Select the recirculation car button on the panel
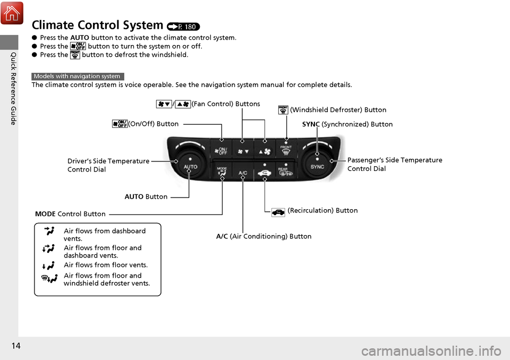(x=264, y=173)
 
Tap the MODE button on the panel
(x=222, y=173)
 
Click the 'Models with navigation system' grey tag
(x=78, y=76)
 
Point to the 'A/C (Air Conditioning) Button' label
(x=263, y=236)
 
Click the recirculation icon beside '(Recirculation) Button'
(x=279, y=211)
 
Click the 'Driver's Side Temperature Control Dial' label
(x=108, y=165)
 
